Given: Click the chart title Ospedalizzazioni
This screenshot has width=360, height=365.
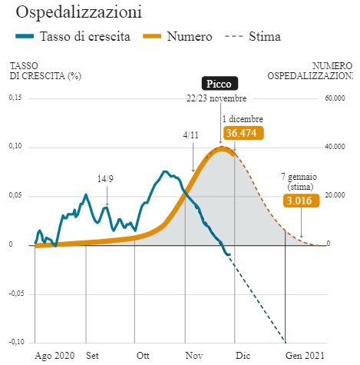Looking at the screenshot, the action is point(79,12).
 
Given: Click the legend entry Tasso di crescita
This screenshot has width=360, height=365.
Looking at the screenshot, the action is point(73,36).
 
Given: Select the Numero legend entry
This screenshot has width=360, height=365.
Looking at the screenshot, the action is point(177,36).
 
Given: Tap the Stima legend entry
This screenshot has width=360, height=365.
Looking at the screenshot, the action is point(253,36).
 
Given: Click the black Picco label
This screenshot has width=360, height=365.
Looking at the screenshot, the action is point(220,84).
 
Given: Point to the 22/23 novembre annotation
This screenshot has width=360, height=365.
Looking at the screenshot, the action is point(216,98).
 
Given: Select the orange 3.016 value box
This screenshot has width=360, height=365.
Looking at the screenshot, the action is point(301,201).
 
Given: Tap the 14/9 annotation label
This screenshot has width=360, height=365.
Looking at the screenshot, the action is point(105,179).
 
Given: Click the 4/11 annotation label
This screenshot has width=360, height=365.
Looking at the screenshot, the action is point(190,135).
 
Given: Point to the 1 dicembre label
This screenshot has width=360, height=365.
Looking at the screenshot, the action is point(243,119).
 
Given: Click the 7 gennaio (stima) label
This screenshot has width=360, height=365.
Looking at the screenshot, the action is point(299,181).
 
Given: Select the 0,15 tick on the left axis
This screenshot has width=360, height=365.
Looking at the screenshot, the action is point(15,98).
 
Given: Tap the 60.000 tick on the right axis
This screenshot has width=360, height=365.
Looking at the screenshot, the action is point(335,98).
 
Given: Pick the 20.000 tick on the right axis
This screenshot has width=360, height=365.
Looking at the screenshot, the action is point(335,195).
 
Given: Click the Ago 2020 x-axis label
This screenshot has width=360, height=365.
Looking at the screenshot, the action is point(54,356).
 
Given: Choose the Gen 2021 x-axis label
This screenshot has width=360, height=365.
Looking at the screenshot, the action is point(305,356).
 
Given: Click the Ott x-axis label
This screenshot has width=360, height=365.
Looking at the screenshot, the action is point(143,356).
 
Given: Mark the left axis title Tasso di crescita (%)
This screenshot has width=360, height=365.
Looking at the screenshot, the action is point(45,71).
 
